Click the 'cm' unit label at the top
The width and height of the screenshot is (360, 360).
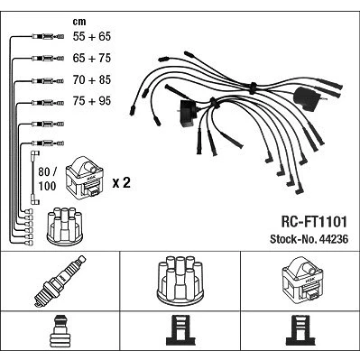click(x=79, y=22)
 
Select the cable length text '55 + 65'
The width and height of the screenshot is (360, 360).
click(x=92, y=36)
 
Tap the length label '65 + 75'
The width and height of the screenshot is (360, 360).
click(x=92, y=58)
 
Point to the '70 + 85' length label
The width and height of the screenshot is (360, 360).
click(x=92, y=79)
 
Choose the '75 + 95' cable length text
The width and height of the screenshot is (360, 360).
click(x=92, y=101)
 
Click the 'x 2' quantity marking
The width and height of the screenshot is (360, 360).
click(x=122, y=182)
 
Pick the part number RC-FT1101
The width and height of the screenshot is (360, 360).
click(x=314, y=222)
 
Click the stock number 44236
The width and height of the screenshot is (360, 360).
click(x=334, y=239)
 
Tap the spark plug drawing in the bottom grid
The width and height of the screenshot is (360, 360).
click(x=60, y=282)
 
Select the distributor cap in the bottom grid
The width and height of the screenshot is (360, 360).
click(x=180, y=281)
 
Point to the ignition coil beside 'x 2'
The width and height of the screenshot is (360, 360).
click(x=85, y=178)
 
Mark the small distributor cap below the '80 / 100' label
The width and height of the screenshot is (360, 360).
click(x=65, y=226)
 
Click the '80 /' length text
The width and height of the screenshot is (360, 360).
click(x=47, y=172)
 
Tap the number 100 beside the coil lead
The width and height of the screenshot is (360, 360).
click(x=47, y=186)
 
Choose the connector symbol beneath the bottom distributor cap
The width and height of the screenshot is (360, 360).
click(x=180, y=330)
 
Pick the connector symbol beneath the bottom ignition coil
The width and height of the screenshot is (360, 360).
click(x=300, y=330)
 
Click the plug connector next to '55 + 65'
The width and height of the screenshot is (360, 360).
click(x=48, y=37)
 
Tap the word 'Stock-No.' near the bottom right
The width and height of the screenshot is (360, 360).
click(x=293, y=239)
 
